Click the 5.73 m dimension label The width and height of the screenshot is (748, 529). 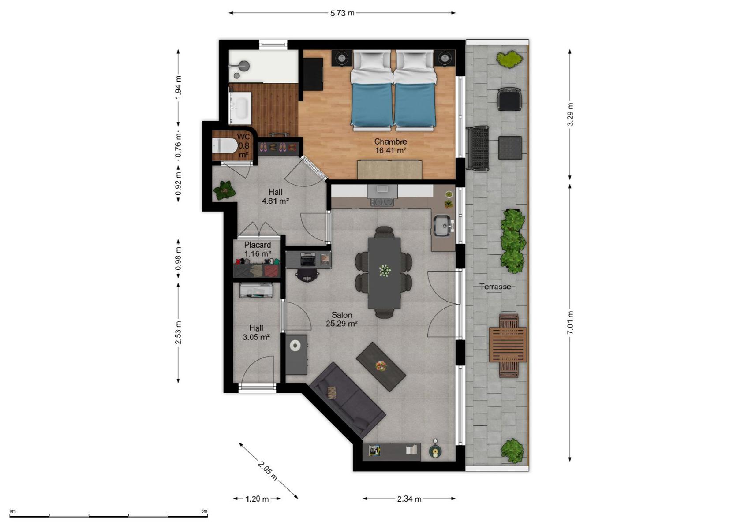(342, 13)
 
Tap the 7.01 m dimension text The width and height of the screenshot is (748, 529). (570, 322)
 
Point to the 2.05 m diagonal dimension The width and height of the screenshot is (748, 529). (268, 471)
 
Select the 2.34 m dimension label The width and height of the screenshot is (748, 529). (409, 499)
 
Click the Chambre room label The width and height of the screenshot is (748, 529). (390, 142)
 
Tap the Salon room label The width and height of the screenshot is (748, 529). (342, 315)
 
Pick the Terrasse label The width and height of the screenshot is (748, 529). (495, 287)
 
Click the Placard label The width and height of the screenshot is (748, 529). (257, 245)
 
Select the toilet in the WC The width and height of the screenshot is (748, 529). (224, 146)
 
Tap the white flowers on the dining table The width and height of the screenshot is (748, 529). (385, 270)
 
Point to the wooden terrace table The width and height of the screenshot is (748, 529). (508, 345)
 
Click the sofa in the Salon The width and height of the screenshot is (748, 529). (347, 400)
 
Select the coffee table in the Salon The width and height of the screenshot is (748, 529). (381, 366)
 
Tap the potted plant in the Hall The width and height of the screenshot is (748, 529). (224, 190)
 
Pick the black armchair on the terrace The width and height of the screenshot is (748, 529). (509, 99)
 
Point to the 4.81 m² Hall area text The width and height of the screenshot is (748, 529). (275, 201)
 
